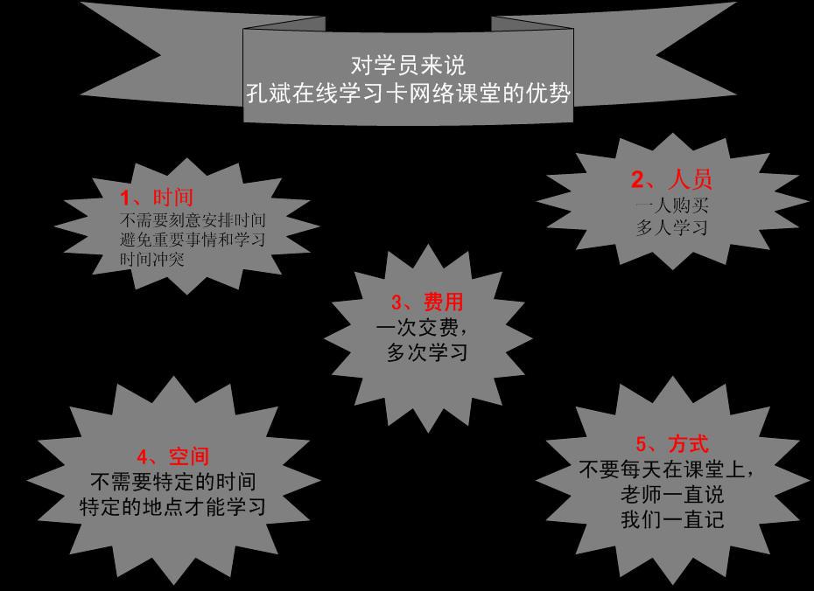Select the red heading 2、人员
(671, 180)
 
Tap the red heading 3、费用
(427, 302)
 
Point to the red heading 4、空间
(172, 456)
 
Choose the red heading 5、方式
(671, 445)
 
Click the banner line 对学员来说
(408, 65)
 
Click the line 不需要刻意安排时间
(193, 219)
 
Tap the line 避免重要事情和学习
(193, 239)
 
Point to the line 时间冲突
(152, 259)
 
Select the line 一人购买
(671, 206)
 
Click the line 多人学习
(671, 227)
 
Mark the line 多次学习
(427, 352)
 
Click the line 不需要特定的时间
(173, 482)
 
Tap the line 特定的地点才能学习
(172, 506)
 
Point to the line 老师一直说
(671, 495)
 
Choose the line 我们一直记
(671, 519)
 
